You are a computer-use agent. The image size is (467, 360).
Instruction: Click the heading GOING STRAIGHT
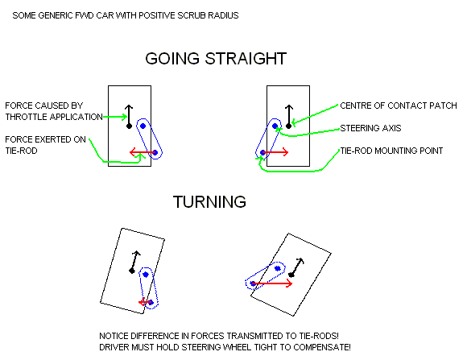216,59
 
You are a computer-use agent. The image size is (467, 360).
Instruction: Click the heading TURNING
209,202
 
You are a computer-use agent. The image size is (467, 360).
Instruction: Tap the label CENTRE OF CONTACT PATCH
399,106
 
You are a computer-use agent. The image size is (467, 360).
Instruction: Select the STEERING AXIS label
370,128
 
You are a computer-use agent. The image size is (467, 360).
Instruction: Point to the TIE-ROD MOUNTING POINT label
391,151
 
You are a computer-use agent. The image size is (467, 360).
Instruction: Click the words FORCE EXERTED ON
46,139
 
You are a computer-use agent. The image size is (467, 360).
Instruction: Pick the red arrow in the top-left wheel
143,152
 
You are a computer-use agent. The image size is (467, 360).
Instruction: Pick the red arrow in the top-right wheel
275,152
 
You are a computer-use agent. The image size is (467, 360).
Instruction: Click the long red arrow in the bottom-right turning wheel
272,283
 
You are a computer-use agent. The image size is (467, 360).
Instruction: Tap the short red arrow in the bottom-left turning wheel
146,302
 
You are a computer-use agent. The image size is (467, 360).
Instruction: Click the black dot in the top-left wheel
129,126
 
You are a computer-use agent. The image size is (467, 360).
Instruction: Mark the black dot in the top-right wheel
288,126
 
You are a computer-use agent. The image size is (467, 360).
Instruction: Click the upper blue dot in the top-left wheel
143,126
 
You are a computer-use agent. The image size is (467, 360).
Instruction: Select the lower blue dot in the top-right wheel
262,152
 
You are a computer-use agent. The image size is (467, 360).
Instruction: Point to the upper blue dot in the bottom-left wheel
146,275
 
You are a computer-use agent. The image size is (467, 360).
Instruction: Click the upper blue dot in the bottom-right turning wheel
278,268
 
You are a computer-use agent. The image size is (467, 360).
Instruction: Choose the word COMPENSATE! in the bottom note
322,347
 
